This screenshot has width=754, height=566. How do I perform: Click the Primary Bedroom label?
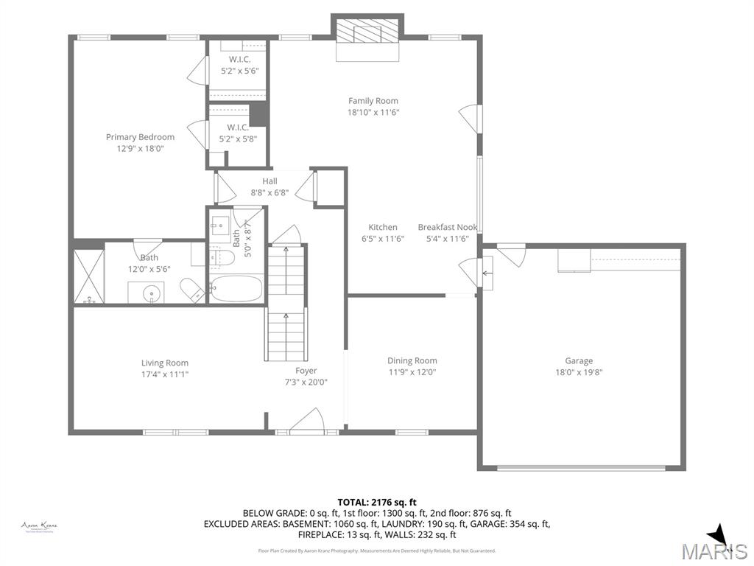point(140,137)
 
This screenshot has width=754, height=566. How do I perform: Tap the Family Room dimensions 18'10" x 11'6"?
point(373,113)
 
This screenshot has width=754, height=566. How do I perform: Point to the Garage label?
point(579,361)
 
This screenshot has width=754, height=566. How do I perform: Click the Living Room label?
point(165,363)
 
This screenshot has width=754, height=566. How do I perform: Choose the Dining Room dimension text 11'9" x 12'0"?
point(412,372)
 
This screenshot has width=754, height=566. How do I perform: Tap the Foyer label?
point(306,371)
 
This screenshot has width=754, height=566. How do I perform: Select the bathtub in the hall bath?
point(236,289)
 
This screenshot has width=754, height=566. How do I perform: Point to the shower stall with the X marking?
point(89,276)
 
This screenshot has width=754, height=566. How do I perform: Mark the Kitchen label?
point(383,228)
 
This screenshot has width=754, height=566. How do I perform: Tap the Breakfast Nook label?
point(447,228)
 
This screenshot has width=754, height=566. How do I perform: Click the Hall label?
point(269,181)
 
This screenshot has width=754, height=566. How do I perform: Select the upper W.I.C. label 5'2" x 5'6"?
point(240,66)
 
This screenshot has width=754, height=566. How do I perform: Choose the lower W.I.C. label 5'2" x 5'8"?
point(238,133)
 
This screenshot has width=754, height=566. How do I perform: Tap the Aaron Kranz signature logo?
point(40,526)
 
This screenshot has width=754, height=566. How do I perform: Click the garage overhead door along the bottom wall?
point(581,467)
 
